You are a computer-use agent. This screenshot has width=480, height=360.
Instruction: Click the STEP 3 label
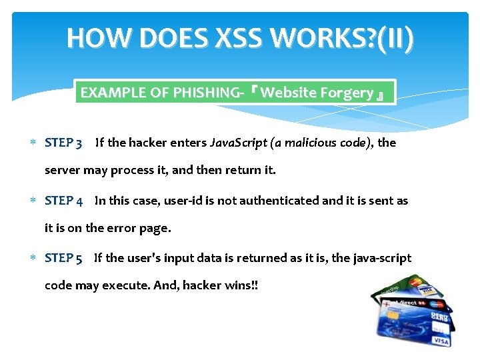(63, 143)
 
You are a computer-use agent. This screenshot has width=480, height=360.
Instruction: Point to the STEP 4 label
(63, 201)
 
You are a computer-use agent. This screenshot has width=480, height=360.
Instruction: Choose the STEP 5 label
(63, 258)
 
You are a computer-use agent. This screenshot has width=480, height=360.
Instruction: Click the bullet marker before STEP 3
(34, 143)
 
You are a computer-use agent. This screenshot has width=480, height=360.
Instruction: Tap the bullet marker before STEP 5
(34, 258)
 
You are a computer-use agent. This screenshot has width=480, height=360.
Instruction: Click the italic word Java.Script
(237, 143)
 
